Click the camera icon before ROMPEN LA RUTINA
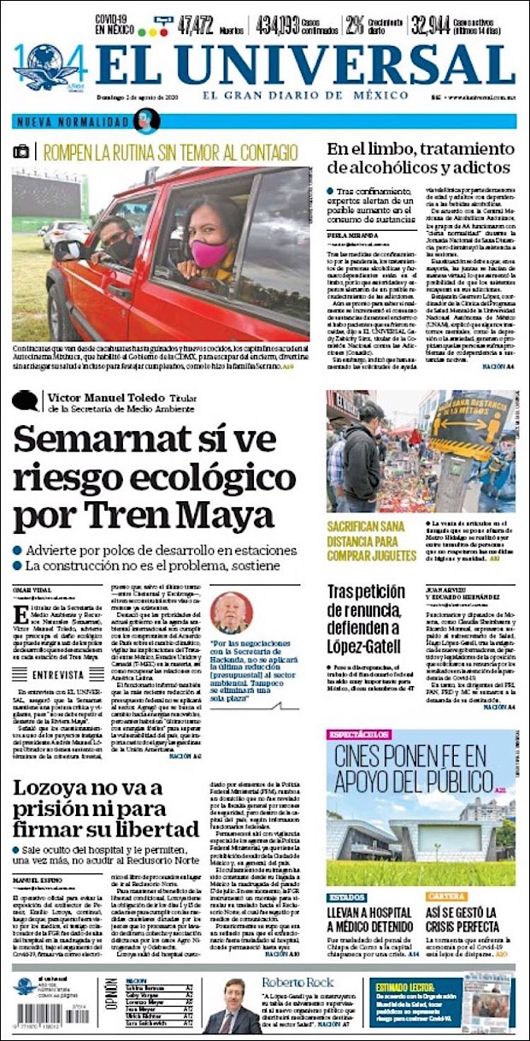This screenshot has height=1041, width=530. point(21,152)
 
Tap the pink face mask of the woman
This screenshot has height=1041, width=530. point(209,253)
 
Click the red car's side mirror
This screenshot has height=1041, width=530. point(68,250)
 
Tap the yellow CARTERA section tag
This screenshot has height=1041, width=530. point(445,897)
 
